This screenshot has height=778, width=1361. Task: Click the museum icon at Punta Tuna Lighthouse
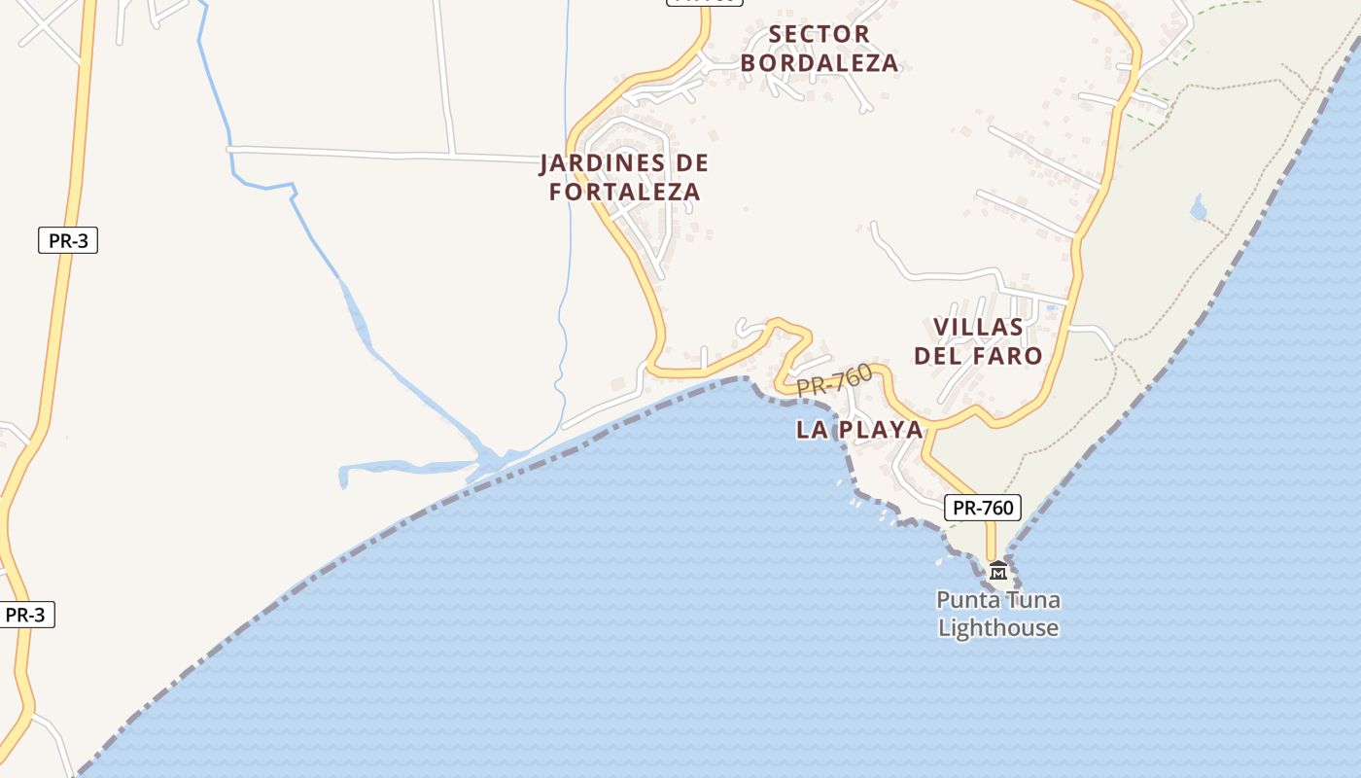coord(997,570)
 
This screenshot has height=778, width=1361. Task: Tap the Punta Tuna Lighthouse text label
coord(998,614)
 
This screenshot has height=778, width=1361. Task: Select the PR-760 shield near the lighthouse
coord(982,508)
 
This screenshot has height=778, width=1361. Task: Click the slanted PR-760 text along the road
coord(834,380)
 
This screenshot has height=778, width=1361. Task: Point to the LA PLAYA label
coord(859,430)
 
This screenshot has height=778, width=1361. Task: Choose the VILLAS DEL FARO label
coord(978,341)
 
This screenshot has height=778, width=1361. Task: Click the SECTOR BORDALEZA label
coord(820,49)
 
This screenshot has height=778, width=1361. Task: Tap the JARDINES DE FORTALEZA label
coord(624,177)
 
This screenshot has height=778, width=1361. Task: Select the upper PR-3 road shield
coord(68,240)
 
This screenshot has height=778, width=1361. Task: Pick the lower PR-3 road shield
coord(25,615)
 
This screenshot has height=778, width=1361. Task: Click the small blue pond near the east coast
coord(1198,208)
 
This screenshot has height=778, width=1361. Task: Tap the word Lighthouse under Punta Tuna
coord(998,628)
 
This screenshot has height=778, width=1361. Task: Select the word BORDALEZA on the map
coord(820,64)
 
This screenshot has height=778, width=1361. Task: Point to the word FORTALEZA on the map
coord(624,192)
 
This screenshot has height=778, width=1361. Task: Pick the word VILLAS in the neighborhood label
coord(978,327)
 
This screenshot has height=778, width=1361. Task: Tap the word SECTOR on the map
coord(820,34)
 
